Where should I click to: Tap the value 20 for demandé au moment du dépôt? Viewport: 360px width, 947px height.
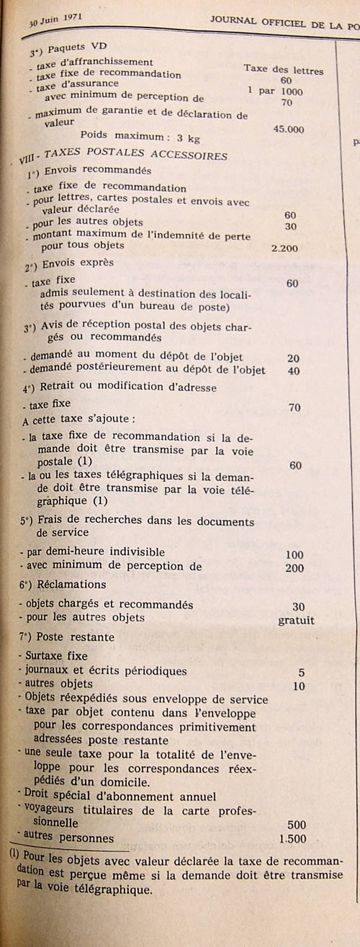(x=292, y=358)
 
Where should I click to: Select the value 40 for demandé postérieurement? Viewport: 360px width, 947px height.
(x=292, y=371)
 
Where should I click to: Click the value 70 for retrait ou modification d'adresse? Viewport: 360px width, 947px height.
(x=294, y=408)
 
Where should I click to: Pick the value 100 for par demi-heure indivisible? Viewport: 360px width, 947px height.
(x=294, y=554)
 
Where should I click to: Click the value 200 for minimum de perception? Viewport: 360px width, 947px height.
(x=294, y=567)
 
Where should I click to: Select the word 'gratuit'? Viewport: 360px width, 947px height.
(x=296, y=620)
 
